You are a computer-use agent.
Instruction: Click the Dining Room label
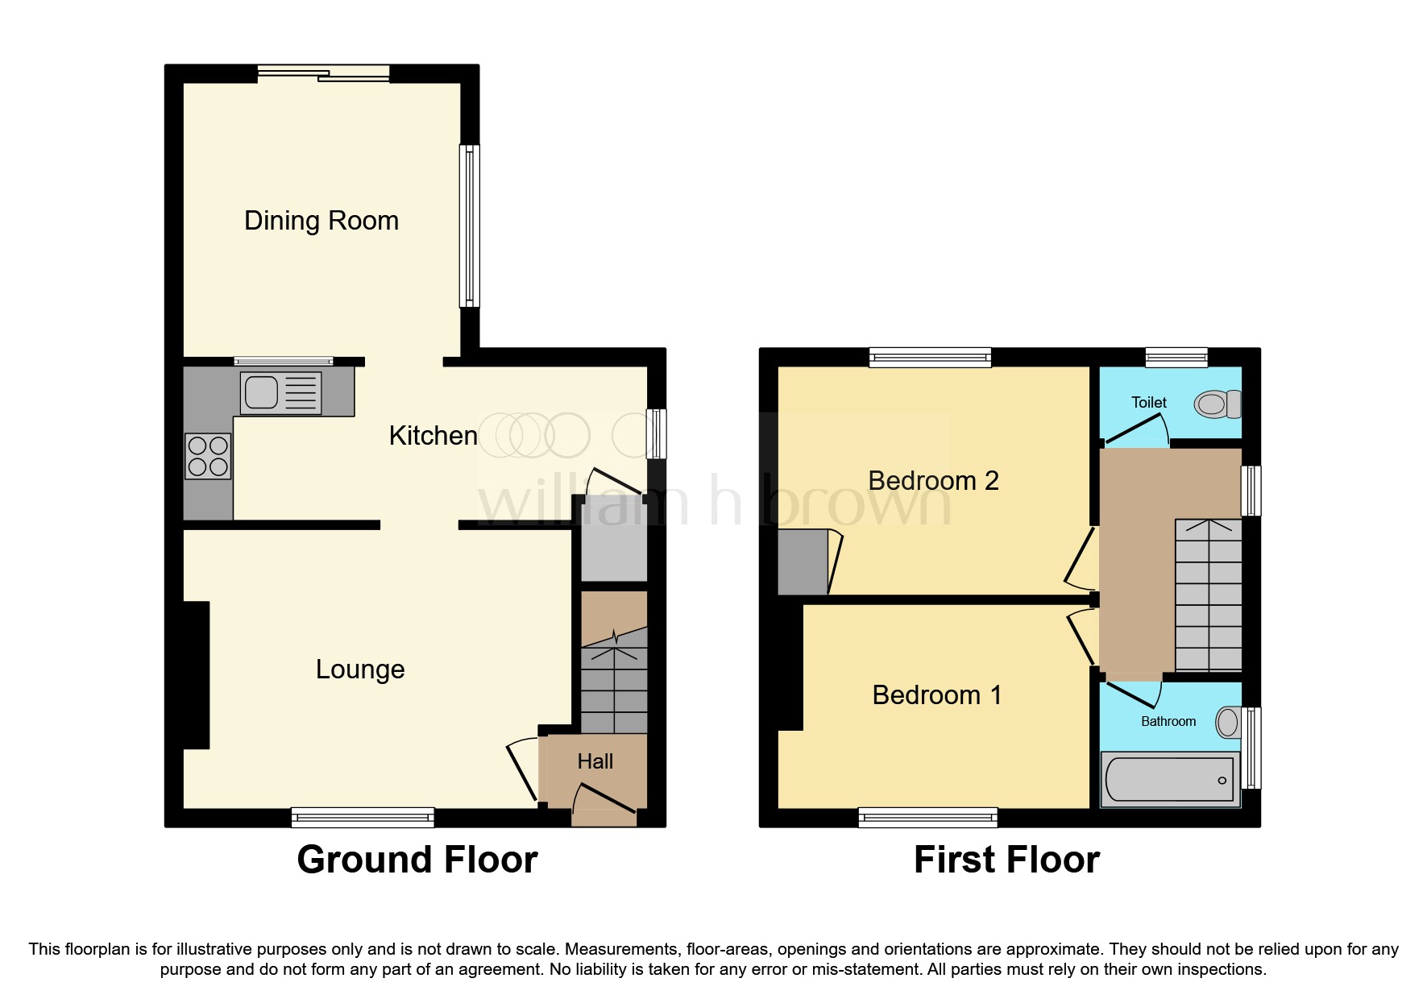click(x=321, y=221)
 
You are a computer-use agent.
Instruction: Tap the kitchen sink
click(x=280, y=392)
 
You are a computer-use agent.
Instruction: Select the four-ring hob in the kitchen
click(x=208, y=456)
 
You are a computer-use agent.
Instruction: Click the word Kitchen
click(x=433, y=436)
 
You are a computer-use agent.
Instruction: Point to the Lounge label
click(x=359, y=669)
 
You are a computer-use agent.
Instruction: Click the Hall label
click(x=595, y=761)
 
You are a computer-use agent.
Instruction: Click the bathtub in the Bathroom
click(x=1169, y=779)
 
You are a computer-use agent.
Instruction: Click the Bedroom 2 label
click(x=933, y=481)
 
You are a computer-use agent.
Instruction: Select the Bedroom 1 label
click(x=936, y=695)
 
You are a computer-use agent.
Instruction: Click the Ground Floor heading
click(x=417, y=860)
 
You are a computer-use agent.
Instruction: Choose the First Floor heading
click(x=1006, y=860)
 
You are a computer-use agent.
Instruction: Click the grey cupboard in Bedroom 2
click(x=803, y=562)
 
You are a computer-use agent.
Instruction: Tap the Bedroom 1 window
click(x=927, y=818)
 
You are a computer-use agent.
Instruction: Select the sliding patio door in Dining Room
click(x=324, y=74)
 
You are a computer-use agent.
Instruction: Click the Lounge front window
click(x=363, y=818)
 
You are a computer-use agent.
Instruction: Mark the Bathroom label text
click(x=1168, y=722)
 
